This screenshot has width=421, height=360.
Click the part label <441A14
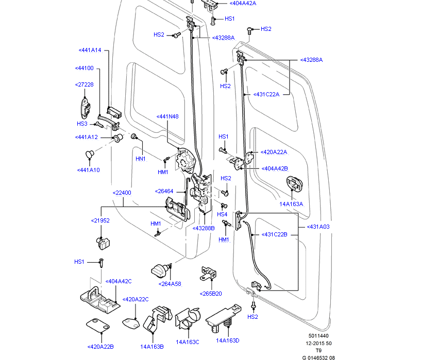[x=90, y=50]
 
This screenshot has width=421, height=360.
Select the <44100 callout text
[x=84, y=68]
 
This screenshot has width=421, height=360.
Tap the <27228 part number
[x=84, y=84]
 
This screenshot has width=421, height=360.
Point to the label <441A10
[x=88, y=170]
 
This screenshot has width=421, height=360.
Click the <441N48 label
[x=167, y=116]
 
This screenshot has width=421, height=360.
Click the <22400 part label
[x=122, y=193]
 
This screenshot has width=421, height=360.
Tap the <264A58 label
[x=170, y=284]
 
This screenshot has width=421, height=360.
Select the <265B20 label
[x=210, y=294]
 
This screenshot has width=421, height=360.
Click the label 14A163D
[x=228, y=340]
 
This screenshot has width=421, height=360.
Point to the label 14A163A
[x=291, y=204]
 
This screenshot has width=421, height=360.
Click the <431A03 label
[x=318, y=227]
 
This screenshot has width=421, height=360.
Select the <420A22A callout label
[x=274, y=152]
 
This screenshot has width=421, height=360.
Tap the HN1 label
[x=140, y=159]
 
